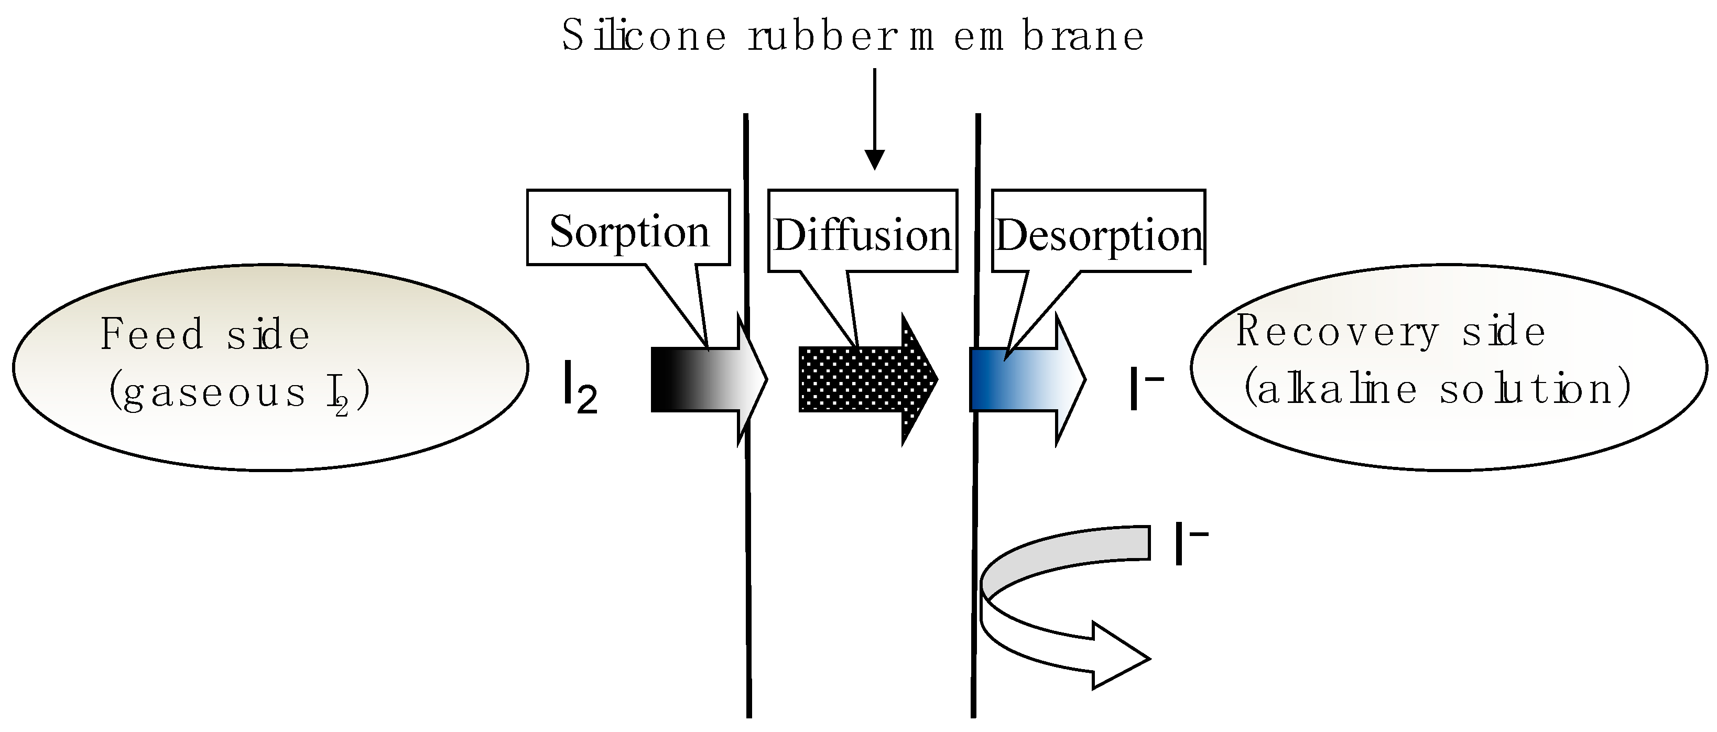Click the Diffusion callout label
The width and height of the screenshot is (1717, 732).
pyautogui.click(x=862, y=235)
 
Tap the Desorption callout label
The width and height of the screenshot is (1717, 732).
pyautogui.click(x=1099, y=235)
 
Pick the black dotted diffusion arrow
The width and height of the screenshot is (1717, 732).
pyautogui.click(x=860, y=379)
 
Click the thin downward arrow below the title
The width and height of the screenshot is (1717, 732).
pyautogui.click(x=874, y=120)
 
